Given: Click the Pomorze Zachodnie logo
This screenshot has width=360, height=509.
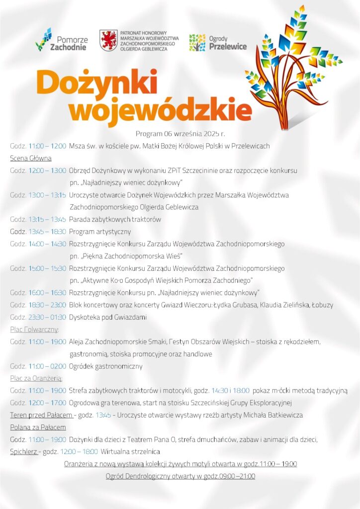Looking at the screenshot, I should pyautogui.click(x=62, y=40).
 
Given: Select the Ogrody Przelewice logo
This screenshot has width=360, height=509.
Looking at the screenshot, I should pyautogui.click(x=217, y=42).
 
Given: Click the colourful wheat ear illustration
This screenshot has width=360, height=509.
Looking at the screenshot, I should pyautogui.click(x=291, y=65).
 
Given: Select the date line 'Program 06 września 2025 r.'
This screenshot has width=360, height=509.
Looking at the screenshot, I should pyautogui.click(x=180, y=134).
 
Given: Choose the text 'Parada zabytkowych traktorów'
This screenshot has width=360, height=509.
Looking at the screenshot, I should pyautogui.click(x=115, y=219).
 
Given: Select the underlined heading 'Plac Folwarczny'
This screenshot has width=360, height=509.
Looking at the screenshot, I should pyautogui.click(x=34, y=329).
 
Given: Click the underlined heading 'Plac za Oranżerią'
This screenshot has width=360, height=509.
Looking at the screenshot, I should pyautogui.click(x=36, y=378).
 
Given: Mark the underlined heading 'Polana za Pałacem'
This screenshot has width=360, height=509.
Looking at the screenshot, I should pyautogui.click(x=38, y=427).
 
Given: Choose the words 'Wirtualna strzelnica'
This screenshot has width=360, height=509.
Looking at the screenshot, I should pyautogui.click(x=130, y=451).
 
